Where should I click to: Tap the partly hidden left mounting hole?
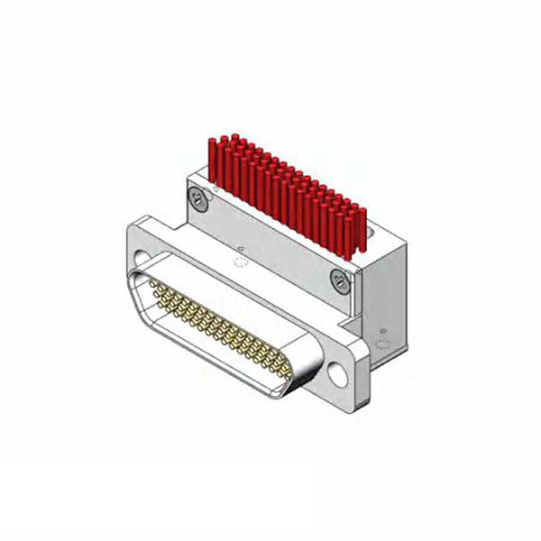tap(142, 260)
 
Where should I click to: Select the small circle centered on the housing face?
tap(239, 263)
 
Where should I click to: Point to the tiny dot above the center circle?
tap(242, 247)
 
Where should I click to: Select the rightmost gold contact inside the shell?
tap(287, 371)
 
